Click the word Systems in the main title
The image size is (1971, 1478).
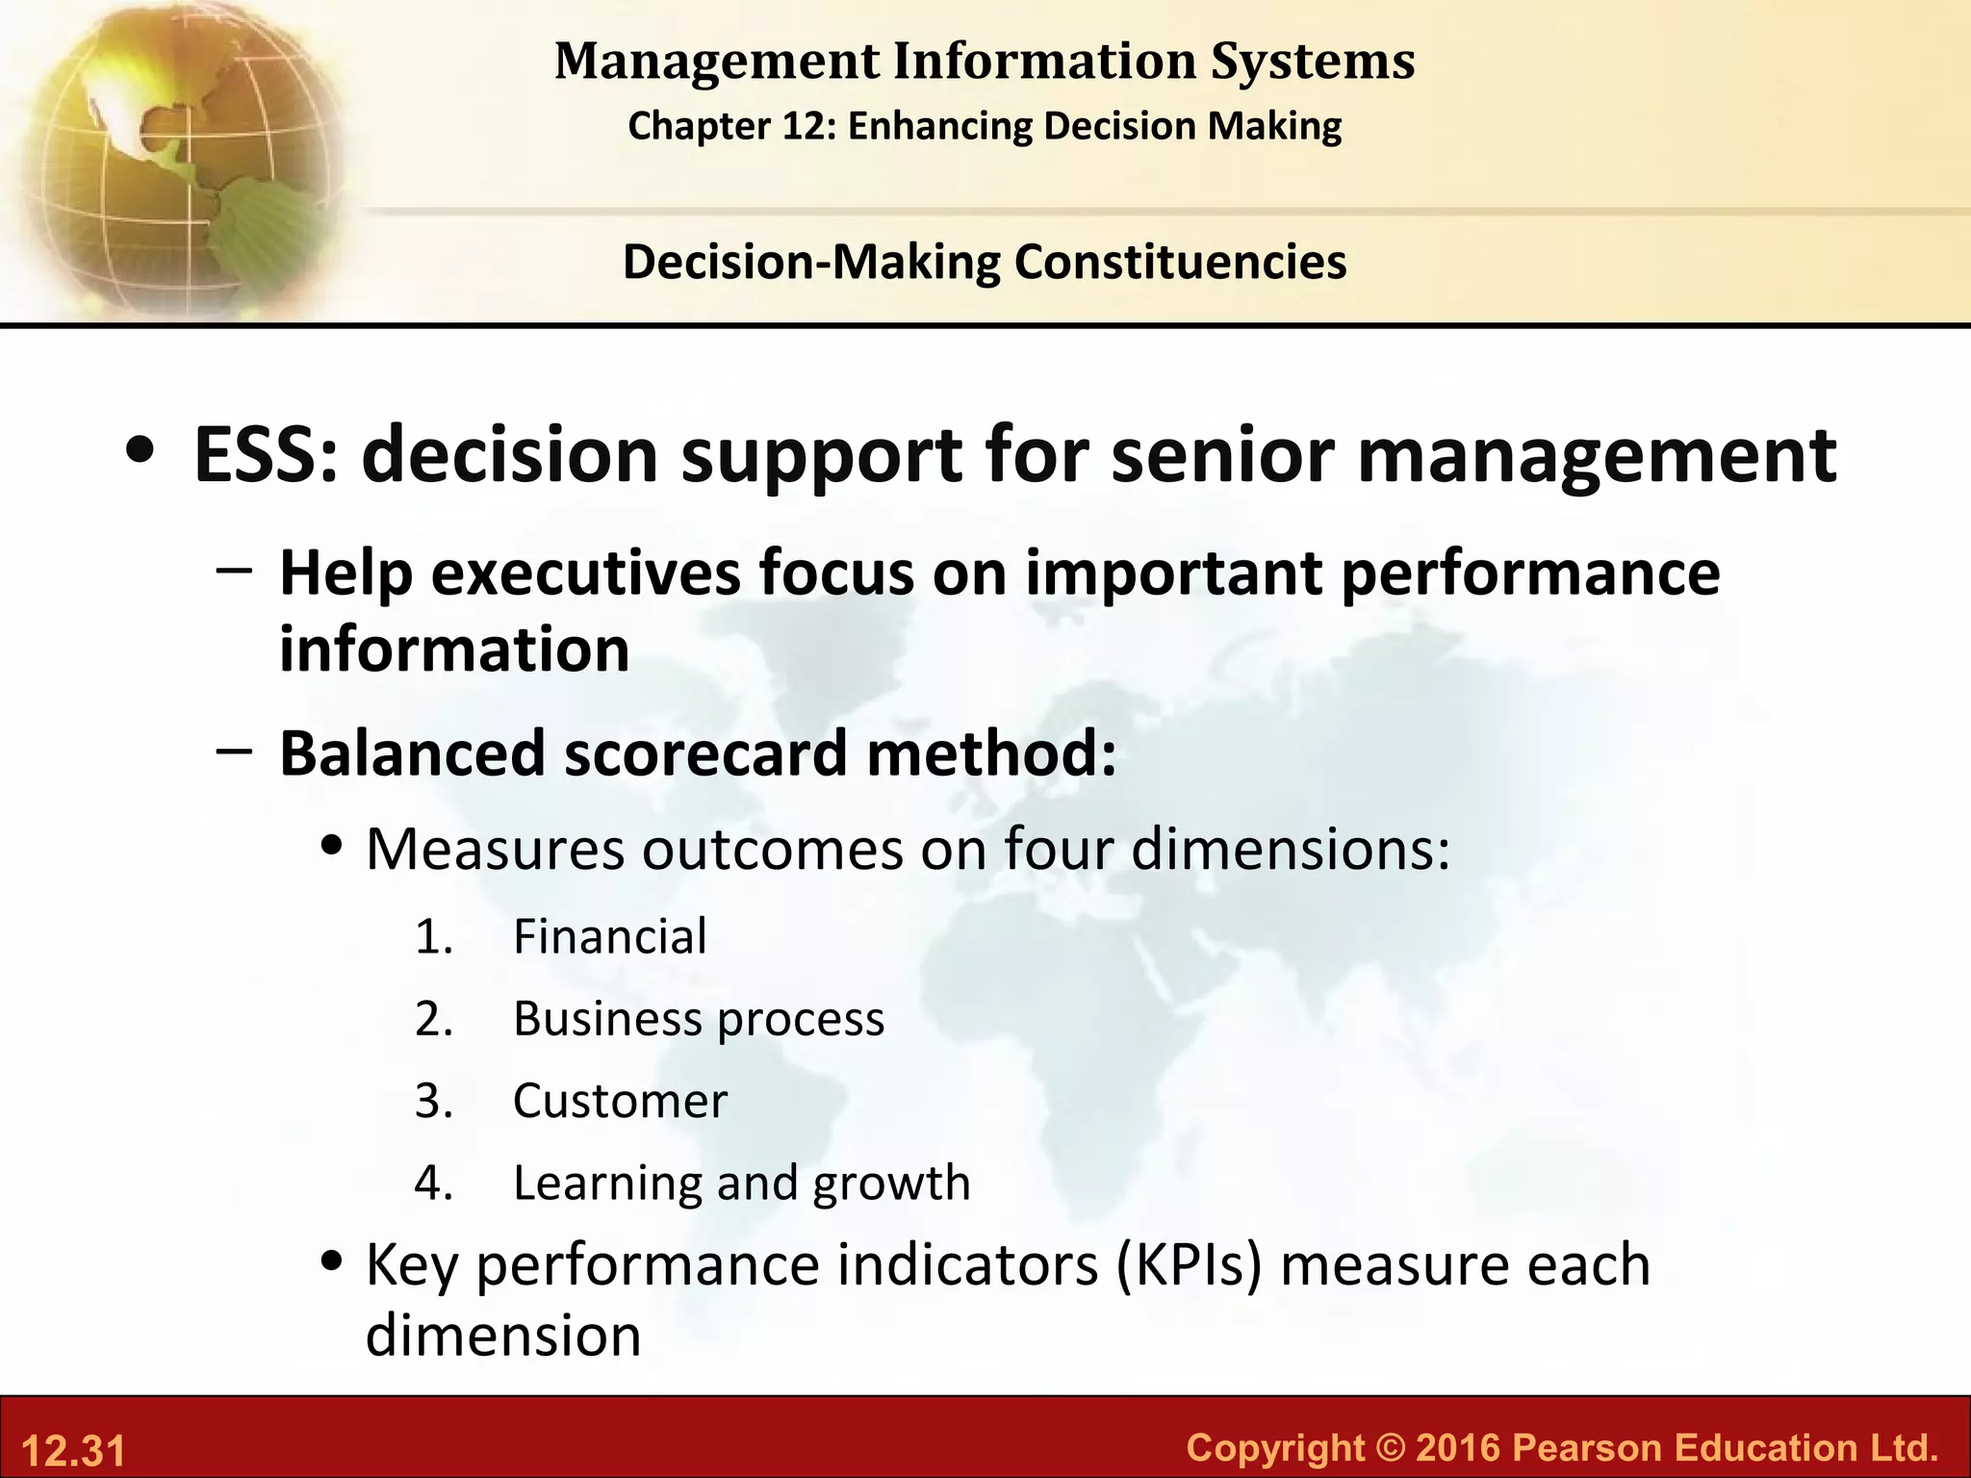coord(1313,62)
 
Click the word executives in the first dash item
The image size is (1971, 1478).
coord(586,573)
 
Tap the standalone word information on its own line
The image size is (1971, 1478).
coord(454,650)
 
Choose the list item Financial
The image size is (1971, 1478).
coord(609,937)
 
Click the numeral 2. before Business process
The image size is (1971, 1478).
coord(434,1019)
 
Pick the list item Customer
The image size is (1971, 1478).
coord(620,1101)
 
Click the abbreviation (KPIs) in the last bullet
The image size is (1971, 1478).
coord(1189,1265)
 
